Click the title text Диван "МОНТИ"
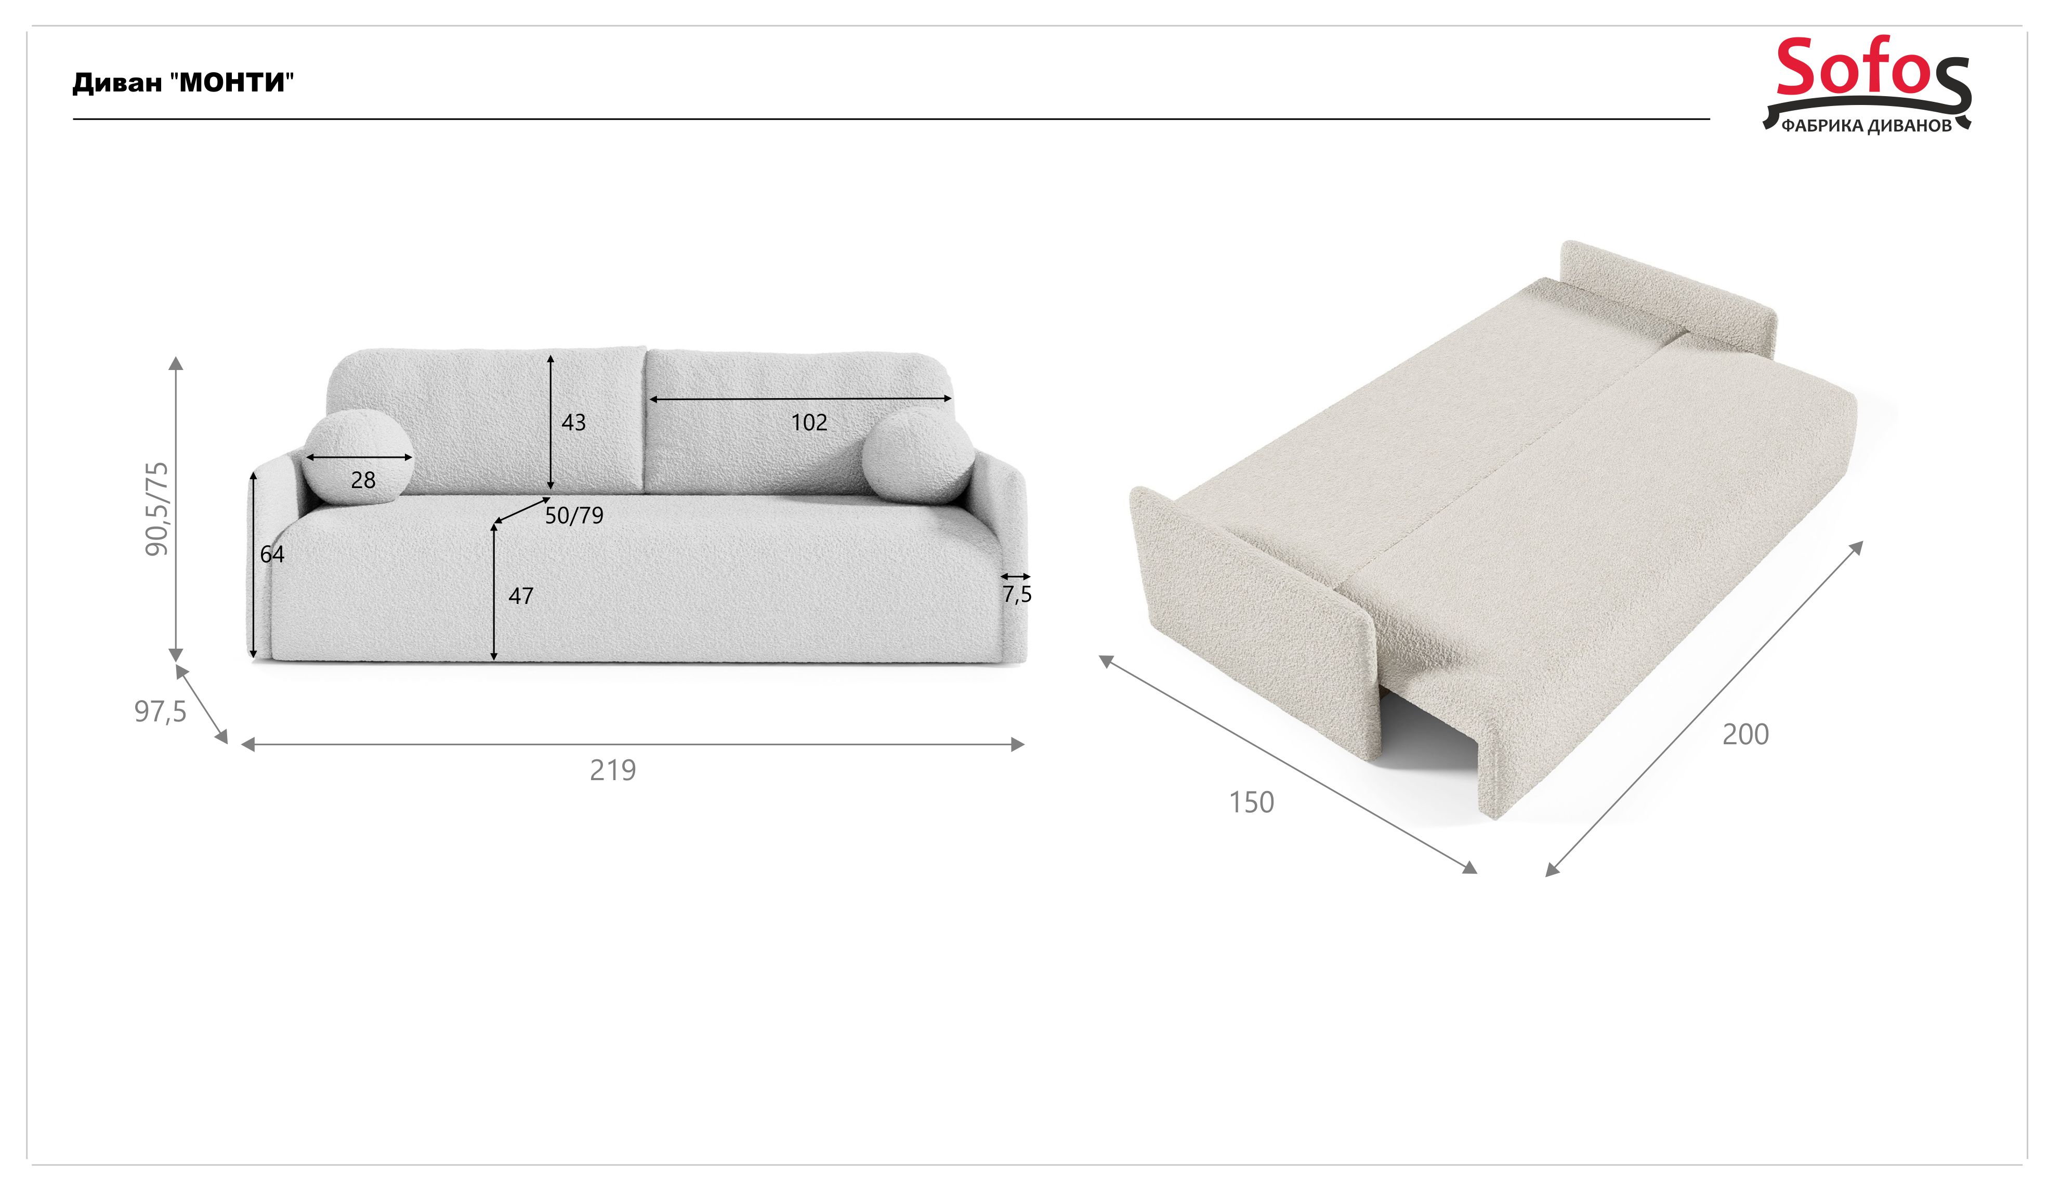(183, 83)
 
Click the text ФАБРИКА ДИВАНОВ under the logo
(1867, 126)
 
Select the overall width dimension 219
(612, 770)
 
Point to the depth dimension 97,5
(160, 712)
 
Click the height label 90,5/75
(157, 509)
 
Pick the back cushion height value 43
(573, 423)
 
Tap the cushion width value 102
(809, 423)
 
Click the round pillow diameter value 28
(363, 480)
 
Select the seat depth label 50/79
(574, 516)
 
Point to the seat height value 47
(521, 596)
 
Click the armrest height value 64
(272, 554)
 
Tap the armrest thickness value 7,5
(1017, 595)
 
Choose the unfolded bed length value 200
(1746, 734)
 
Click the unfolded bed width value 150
(1252, 802)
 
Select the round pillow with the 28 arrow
(358, 458)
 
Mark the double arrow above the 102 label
(800, 399)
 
